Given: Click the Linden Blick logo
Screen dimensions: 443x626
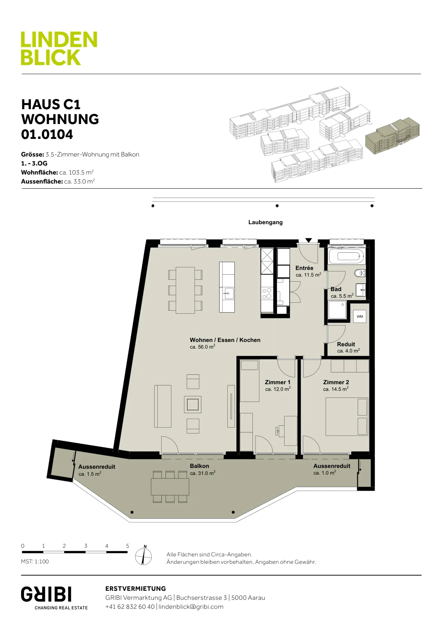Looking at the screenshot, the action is pos(59,48).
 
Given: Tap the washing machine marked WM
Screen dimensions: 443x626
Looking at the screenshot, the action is pos(360,317).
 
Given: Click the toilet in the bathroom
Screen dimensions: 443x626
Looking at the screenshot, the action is pos(359,273).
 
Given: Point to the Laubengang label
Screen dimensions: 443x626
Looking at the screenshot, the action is pos(265,222).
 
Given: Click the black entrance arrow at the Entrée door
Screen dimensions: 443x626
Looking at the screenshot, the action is pos(308,240).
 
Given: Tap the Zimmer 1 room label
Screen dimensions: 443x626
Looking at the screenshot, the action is pos(277,382).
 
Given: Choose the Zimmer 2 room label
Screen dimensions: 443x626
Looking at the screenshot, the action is pos(336,382).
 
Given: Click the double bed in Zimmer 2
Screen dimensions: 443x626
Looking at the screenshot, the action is pos(347,417).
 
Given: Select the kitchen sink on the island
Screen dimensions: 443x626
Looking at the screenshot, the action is pos(229,293).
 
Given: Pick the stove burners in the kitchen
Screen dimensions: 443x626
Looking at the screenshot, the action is pos(267,294).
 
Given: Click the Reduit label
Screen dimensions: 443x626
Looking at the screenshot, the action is pos(346,344).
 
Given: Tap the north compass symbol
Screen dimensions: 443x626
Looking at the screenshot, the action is pos(143,556).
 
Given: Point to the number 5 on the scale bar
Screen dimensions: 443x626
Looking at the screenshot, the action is pos(128,546).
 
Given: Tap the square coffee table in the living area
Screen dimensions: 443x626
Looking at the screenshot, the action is pos(193,405).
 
